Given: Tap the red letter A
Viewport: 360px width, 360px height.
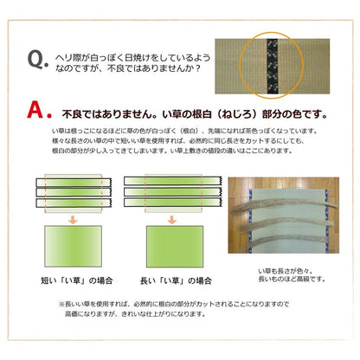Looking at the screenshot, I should pyautogui.click(x=36, y=112).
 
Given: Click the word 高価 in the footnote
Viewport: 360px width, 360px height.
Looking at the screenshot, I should pyautogui.click(x=75, y=317).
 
